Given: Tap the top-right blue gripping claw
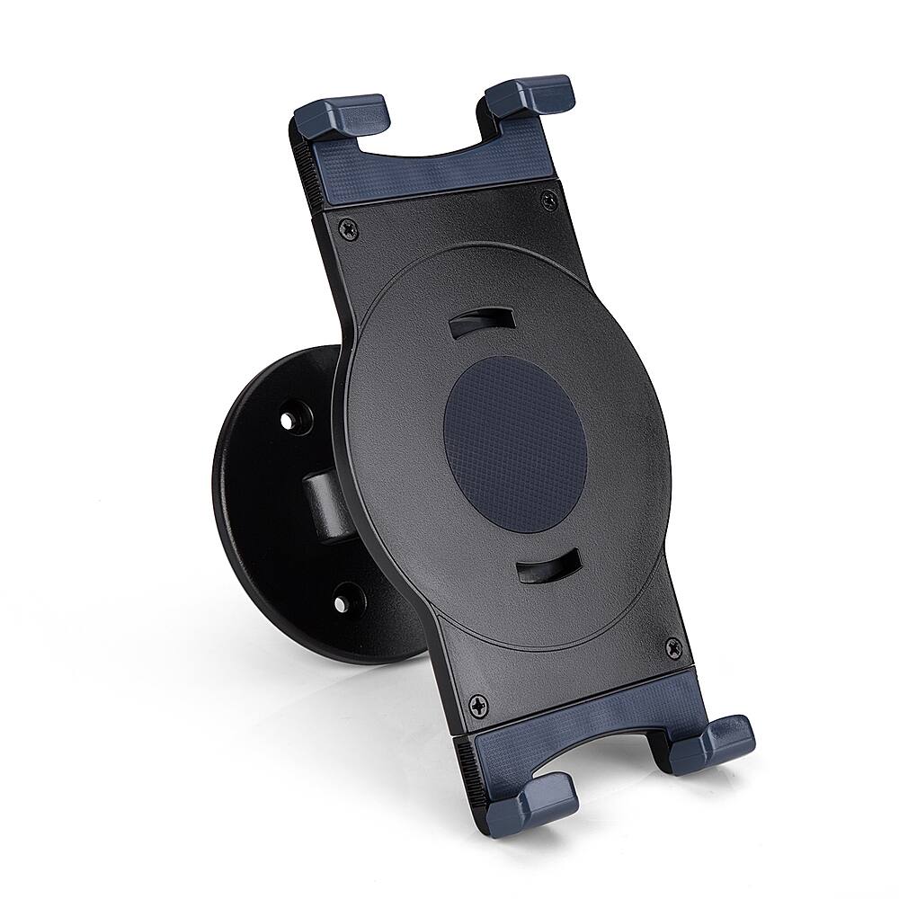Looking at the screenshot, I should point(530,94).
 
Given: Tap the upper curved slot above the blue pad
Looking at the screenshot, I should point(481,321).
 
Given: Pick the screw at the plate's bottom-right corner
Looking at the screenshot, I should point(672,645).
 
